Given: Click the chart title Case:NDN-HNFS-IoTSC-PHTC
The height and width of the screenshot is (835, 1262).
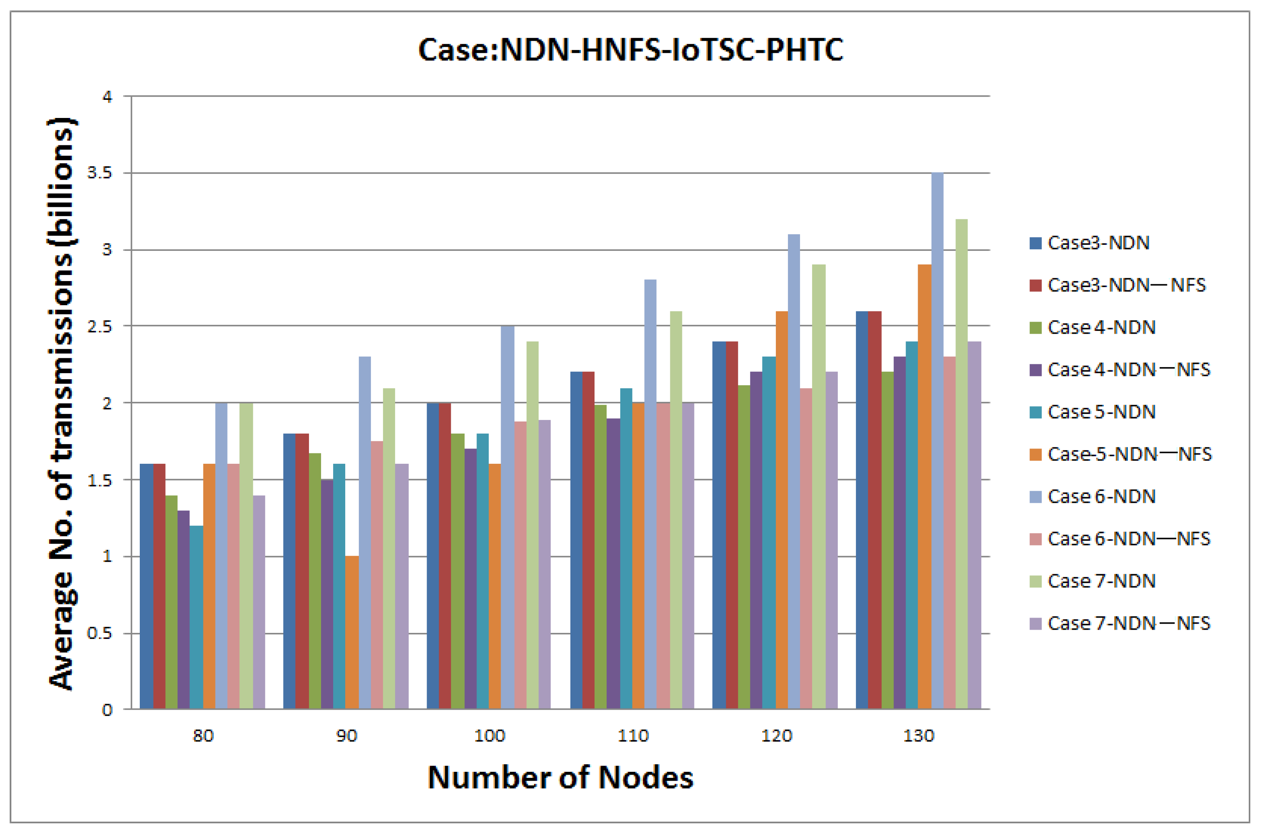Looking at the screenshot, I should point(630,50).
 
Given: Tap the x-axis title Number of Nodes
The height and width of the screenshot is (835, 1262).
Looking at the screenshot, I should point(560,777).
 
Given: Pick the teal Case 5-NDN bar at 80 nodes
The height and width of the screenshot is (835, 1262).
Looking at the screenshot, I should point(196,617).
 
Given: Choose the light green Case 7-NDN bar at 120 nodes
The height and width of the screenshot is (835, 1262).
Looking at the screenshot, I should point(819,487).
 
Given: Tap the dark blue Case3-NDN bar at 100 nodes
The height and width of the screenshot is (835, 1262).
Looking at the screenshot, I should point(433,556).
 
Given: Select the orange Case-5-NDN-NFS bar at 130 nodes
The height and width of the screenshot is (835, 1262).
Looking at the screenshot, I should point(924,487).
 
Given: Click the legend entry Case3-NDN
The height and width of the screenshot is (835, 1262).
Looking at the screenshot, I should point(1098,243).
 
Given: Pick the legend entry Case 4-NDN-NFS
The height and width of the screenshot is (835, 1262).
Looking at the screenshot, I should point(1128,370).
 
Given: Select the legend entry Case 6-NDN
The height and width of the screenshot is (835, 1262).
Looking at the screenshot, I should point(1101,496).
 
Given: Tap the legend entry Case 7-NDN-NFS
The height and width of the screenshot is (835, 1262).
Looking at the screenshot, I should point(1128,623).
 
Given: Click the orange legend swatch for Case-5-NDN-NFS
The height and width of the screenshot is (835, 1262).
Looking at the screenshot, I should point(1035,454).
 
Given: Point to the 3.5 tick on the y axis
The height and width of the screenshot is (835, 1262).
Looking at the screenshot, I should point(99,173).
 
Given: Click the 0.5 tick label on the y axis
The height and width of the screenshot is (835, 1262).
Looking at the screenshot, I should point(99,633).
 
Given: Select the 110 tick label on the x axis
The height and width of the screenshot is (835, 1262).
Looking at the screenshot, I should point(633,736).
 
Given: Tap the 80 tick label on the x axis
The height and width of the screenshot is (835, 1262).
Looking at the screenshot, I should point(203,736).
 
